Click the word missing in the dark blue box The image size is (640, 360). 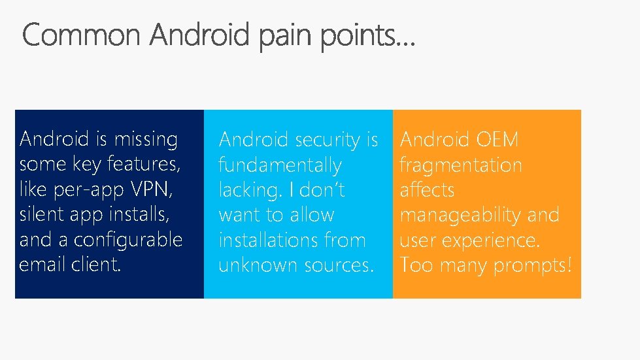(x=146, y=139)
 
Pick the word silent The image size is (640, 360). (x=41, y=214)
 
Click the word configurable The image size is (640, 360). (x=128, y=240)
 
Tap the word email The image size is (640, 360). (x=41, y=265)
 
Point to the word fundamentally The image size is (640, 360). (x=280, y=165)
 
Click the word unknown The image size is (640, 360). (x=256, y=265)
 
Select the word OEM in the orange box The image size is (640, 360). (x=497, y=139)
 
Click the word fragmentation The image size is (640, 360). (x=461, y=165)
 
